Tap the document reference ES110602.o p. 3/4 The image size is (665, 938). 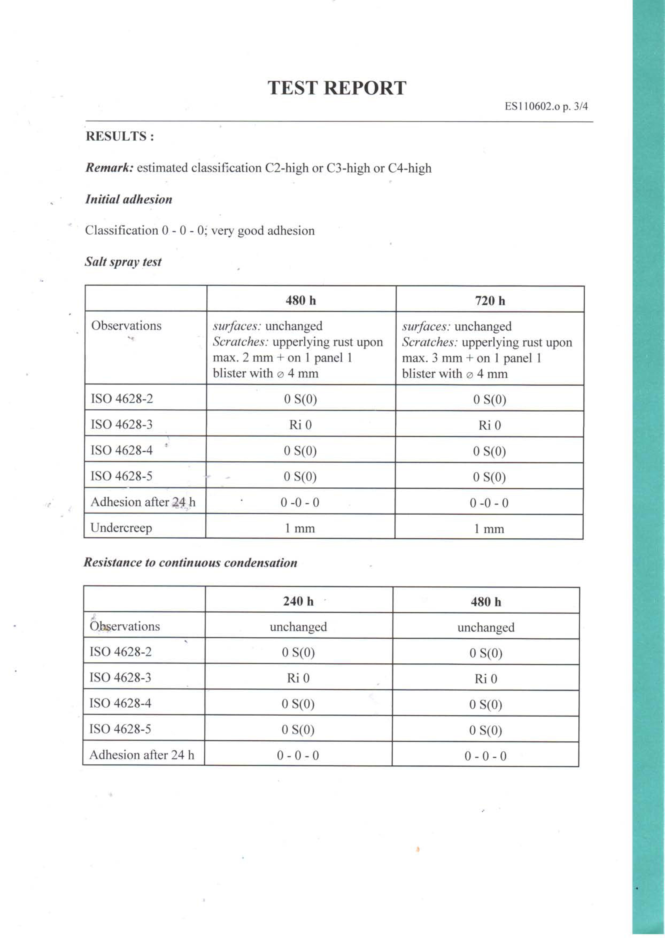point(546,106)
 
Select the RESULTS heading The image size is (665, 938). point(120,136)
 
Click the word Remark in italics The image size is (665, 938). point(109,168)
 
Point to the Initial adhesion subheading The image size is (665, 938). point(129,199)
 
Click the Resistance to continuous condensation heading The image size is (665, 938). point(190,563)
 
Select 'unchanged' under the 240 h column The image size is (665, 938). point(298,627)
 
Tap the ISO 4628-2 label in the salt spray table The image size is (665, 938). point(122,398)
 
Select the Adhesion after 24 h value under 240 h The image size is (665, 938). point(298,755)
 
